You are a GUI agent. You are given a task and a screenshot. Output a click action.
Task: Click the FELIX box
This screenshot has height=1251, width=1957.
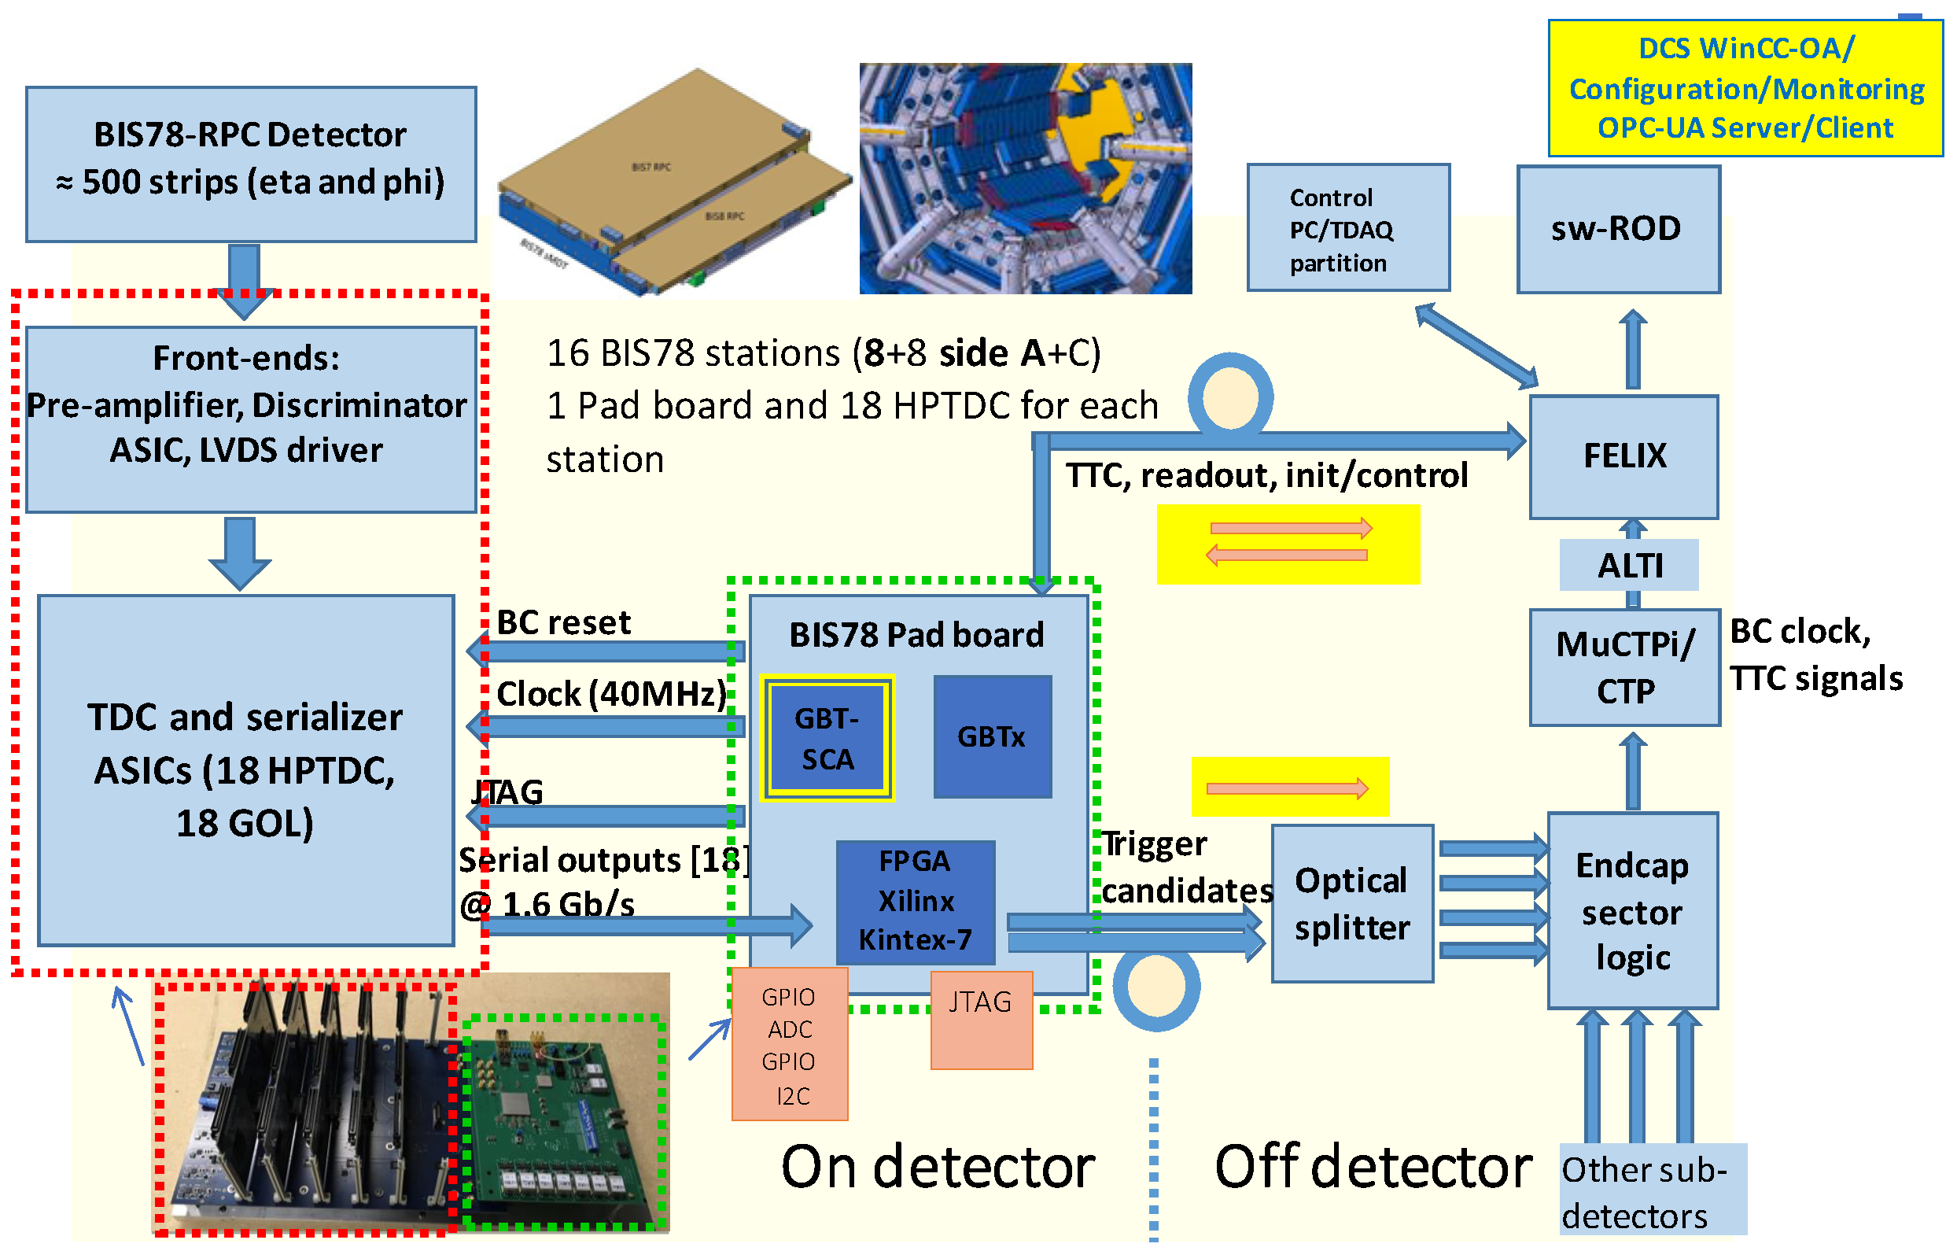point(1623,457)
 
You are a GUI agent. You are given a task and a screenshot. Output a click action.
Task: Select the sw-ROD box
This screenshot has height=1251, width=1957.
point(1617,229)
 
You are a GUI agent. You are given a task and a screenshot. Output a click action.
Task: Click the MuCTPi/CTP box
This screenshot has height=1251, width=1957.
point(1623,667)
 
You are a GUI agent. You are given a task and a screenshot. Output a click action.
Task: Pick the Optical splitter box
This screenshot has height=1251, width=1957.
point(1351,904)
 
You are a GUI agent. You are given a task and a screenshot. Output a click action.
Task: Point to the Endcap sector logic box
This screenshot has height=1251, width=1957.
point(1632,911)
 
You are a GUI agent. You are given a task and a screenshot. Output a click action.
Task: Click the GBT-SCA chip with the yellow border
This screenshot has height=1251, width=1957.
point(827,739)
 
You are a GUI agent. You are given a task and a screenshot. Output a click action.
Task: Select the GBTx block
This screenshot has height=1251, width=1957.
point(993,737)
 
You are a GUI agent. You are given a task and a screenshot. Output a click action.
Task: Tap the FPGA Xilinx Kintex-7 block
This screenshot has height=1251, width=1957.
point(915,902)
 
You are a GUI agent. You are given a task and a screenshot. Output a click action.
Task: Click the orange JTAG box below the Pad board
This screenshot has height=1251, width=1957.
point(981,1020)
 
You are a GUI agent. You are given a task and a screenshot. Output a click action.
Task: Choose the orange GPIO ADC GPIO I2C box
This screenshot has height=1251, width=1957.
point(789,1045)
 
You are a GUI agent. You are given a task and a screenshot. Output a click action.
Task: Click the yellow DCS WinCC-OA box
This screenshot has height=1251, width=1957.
point(1744,88)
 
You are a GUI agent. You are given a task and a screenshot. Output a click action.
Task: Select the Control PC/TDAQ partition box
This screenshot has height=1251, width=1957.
point(1347,228)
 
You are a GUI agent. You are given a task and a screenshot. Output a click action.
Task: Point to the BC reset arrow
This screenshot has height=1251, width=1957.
point(606,652)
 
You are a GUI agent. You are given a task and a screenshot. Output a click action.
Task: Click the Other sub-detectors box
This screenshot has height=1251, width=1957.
point(1653,1191)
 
